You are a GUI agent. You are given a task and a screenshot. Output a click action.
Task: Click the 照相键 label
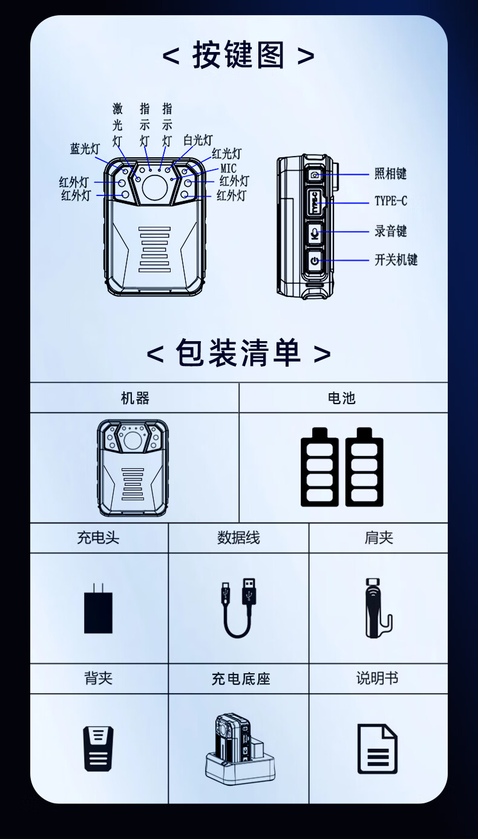click(390, 174)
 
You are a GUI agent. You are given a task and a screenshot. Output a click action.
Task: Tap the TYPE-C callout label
click(391, 201)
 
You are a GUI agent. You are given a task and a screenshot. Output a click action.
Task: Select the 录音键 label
click(390, 230)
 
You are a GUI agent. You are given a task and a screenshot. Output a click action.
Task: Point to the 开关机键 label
click(396, 260)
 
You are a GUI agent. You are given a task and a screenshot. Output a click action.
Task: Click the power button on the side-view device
click(315, 261)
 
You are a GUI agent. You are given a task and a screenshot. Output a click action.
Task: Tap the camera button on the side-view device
click(315, 175)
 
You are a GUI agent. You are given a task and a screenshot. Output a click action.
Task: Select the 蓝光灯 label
click(85, 149)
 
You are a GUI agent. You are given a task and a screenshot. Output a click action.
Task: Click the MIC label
click(229, 168)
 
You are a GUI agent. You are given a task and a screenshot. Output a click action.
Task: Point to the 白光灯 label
click(198, 140)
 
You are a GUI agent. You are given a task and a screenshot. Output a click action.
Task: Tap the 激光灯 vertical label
click(117, 125)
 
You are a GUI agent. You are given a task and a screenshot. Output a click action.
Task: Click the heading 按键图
click(238, 55)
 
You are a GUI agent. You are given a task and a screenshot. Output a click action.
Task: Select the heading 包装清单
click(238, 353)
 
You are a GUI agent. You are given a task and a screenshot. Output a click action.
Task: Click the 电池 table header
click(341, 398)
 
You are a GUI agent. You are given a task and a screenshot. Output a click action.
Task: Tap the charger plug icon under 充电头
click(98, 609)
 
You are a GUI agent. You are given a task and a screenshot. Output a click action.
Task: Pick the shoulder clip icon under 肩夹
click(378, 608)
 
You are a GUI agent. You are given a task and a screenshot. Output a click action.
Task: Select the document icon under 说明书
click(378, 749)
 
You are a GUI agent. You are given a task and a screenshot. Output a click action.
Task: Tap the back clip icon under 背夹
click(98, 749)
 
